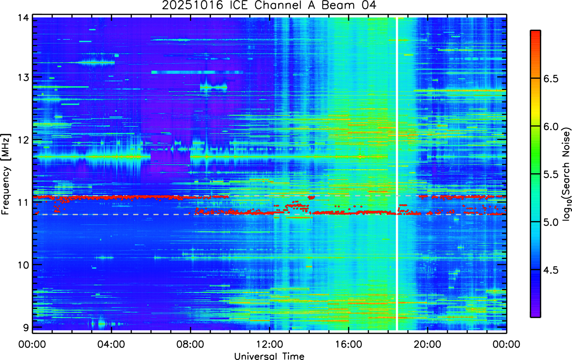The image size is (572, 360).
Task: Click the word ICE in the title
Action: coord(239,5)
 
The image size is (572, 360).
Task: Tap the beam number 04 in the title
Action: coord(368,5)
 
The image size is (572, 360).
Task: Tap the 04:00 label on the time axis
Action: coord(111,345)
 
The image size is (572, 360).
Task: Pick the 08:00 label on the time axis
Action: coord(190,345)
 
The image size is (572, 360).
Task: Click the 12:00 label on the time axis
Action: coord(270,345)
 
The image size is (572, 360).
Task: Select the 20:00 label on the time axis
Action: coord(427,345)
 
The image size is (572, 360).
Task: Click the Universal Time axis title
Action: coord(269,356)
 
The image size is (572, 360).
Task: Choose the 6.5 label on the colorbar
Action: coord(551,79)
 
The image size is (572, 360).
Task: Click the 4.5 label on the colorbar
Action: coord(551,270)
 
